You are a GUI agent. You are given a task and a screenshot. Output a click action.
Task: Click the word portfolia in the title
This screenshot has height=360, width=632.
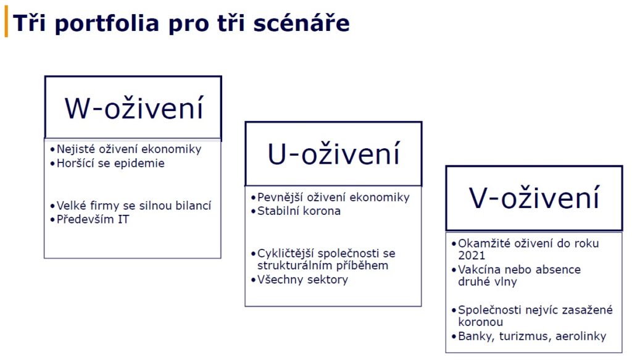(x=107, y=24)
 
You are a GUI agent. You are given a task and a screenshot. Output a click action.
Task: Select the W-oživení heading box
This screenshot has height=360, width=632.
(x=133, y=107)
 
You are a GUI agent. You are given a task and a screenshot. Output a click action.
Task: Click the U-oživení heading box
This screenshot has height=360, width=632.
(x=333, y=154)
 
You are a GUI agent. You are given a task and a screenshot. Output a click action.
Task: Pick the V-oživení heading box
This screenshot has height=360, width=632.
(x=534, y=198)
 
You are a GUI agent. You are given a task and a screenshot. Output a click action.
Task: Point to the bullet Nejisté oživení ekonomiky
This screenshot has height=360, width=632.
(x=126, y=149)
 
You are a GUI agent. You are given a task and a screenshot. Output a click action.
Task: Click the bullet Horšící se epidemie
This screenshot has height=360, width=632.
(x=107, y=163)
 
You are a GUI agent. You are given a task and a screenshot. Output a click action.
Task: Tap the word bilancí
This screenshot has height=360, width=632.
(x=194, y=206)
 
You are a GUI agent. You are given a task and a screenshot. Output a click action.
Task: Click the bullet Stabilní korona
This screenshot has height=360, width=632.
(x=296, y=211)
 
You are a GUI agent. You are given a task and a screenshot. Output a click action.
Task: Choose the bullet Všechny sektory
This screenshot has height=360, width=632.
(x=299, y=280)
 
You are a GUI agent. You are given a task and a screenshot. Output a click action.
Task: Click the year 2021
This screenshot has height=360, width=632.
(x=472, y=256)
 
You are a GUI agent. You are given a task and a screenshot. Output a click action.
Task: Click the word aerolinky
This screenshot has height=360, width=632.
(x=581, y=336)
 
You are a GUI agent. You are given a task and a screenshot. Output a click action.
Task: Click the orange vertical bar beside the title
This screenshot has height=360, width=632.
(x=6, y=23)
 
